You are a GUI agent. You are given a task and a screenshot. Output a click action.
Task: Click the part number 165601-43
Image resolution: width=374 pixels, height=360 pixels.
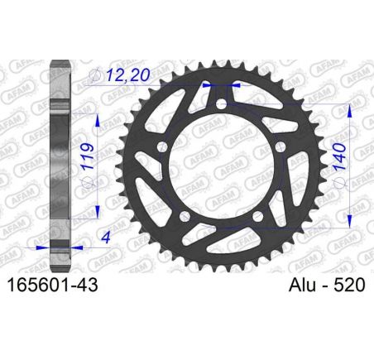click(x=52, y=285)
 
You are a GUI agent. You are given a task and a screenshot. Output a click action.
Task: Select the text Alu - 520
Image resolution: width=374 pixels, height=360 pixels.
click(x=327, y=285)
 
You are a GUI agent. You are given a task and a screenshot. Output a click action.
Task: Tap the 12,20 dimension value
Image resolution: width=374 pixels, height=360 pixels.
click(x=128, y=74)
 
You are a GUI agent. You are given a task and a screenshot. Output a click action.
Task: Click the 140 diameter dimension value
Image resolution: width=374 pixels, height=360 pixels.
click(x=339, y=156)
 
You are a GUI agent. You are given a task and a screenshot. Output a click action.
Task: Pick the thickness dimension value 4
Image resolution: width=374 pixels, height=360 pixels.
click(x=106, y=237)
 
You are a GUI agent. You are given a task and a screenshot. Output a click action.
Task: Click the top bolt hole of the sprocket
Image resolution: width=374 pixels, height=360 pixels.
click(x=221, y=104)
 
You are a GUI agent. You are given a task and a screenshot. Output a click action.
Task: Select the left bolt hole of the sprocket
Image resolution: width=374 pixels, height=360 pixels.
click(x=162, y=146)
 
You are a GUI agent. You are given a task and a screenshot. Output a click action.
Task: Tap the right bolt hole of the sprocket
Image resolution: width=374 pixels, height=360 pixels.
click(x=280, y=146)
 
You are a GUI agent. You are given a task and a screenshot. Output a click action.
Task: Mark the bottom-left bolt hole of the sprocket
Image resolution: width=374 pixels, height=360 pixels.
click(x=185, y=216)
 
